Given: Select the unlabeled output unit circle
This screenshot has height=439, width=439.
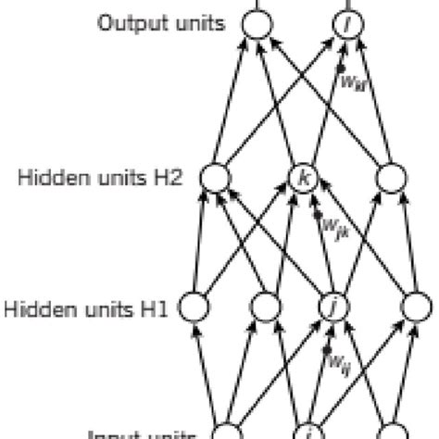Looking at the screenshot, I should (257, 23).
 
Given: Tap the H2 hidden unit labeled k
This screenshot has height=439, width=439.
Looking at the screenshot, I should (303, 176).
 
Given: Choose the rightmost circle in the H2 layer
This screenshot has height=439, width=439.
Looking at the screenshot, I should (390, 176).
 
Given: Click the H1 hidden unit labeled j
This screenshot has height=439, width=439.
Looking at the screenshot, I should (331, 305).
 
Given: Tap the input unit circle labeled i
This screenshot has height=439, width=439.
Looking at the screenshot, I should (307, 432).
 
